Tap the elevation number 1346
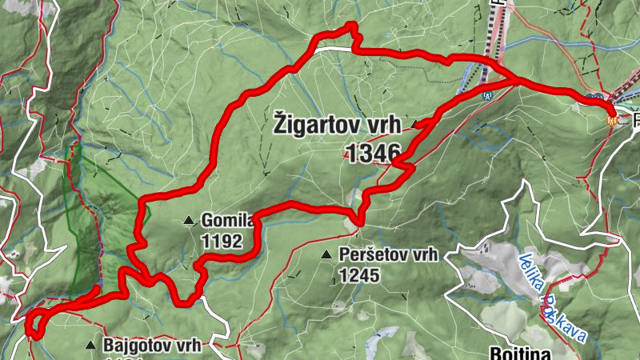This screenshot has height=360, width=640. (x=374, y=151)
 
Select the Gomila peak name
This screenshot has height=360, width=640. (x=227, y=219)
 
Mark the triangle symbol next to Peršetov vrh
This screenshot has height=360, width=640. (x=326, y=255)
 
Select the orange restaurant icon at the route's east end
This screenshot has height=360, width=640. (x=613, y=120)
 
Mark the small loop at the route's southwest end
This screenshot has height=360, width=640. (x=34, y=323)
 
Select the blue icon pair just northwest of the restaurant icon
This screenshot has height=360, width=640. (x=595, y=98)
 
